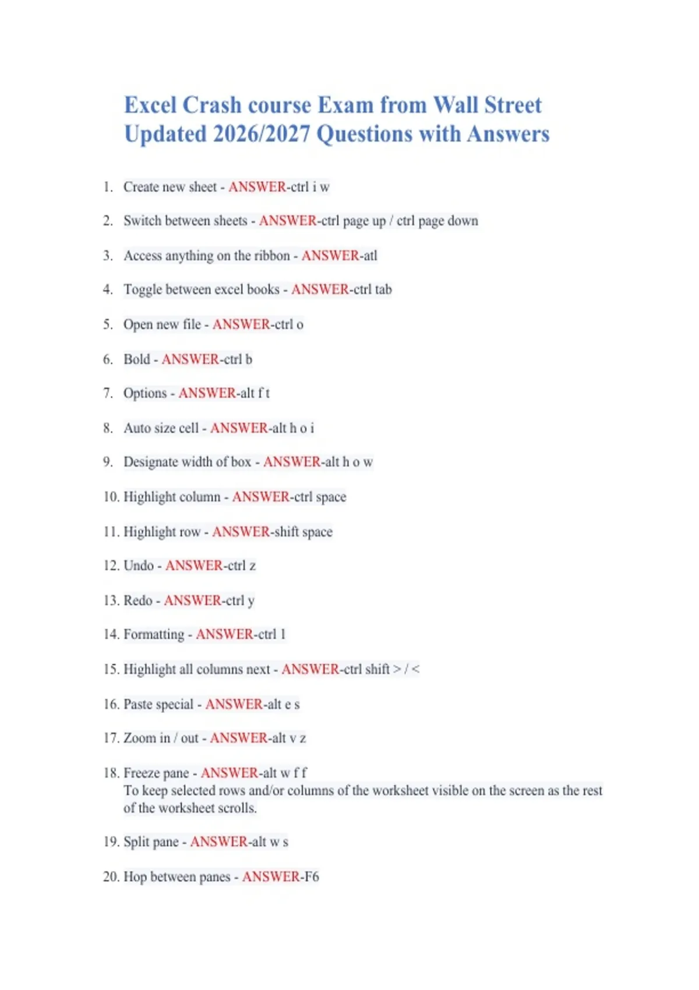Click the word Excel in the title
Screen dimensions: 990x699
(150, 105)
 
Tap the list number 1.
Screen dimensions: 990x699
(107, 187)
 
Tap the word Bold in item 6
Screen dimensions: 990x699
(137, 359)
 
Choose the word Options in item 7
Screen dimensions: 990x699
(145, 393)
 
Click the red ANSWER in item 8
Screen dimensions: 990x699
(239, 428)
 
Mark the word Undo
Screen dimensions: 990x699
(139, 565)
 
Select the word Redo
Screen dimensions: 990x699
(138, 600)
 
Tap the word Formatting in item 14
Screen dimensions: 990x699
(154, 634)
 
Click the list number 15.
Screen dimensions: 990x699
(111, 669)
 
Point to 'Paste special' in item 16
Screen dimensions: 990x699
(158, 704)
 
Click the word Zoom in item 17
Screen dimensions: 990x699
(140, 738)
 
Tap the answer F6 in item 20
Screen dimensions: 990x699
(312, 876)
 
